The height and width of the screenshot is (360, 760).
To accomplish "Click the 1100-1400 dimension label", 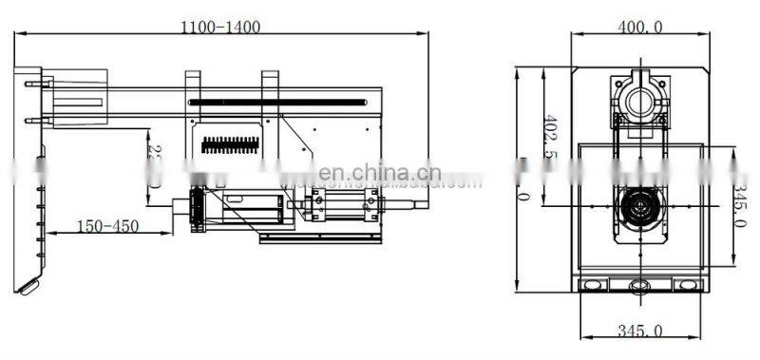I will pyautogui.click(x=220, y=28).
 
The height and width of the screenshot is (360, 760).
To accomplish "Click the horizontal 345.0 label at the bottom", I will pyautogui.click(x=639, y=332).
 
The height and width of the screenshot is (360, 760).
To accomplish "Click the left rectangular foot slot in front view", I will pyautogui.click(x=594, y=285).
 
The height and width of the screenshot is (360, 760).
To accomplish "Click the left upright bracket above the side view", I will pyautogui.click(x=193, y=84).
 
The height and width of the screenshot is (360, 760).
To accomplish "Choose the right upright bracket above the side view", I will pyautogui.click(x=271, y=84).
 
